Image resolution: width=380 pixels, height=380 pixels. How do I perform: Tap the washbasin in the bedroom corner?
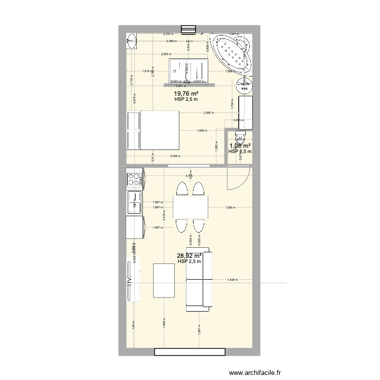pyautogui.click(x=132, y=40)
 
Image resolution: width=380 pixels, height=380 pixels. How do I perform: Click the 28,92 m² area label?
pyautogui.click(x=189, y=256)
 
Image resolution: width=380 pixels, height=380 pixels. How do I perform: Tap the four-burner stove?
pyautogui.click(x=134, y=178)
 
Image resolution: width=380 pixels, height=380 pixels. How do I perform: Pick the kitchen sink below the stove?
pyautogui.click(x=135, y=203)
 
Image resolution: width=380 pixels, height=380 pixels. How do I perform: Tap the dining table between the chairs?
pyautogui.click(x=191, y=207)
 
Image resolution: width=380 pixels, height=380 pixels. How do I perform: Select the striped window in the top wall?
pyautogui.click(x=189, y=29)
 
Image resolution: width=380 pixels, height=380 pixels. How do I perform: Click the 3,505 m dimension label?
pyautogui.click(x=176, y=157)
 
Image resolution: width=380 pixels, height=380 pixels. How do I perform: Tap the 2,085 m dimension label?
pyautogui.click(x=208, y=112)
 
